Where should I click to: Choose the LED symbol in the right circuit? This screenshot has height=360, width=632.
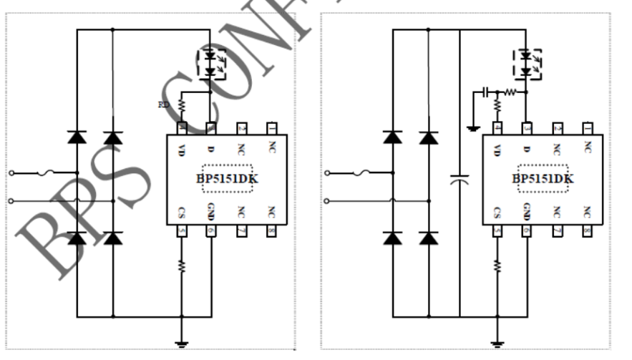click(x=528, y=63)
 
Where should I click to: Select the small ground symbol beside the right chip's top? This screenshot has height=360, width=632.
click(x=471, y=129)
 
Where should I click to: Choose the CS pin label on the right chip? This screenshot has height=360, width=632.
click(x=497, y=213)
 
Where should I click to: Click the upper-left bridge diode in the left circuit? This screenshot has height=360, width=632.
click(x=77, y=137)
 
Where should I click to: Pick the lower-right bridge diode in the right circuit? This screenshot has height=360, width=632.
click(x=428, y=238)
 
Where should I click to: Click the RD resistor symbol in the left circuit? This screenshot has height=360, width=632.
click(x=182, y=106)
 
